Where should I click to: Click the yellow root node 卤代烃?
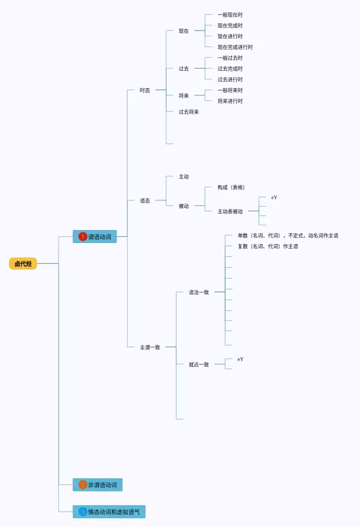click(23, 263)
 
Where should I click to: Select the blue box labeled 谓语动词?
click(94, 237)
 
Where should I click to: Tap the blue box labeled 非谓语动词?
click(97, 485)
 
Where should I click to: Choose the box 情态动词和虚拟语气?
click(109, 512)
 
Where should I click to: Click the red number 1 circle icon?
click(83, 237)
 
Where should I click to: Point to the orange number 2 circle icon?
click(83, 485)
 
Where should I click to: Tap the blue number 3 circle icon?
click(83, 512)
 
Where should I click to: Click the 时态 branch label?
click(145, 90)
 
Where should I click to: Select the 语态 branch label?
click(145, 200)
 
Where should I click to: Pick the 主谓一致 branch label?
click(150, 347)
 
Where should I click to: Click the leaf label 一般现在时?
click(230, 15)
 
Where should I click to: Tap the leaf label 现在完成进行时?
click(235, 47)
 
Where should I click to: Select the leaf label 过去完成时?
click(230, 69)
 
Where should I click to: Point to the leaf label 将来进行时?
click(230, 101)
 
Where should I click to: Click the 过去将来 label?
click(188, 112)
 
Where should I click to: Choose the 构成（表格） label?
click(231, 187)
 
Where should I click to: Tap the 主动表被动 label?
click(230, 211)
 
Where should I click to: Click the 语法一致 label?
click(199, 292)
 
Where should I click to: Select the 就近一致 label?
click(199, 364)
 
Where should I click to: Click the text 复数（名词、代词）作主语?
click(268, 246)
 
